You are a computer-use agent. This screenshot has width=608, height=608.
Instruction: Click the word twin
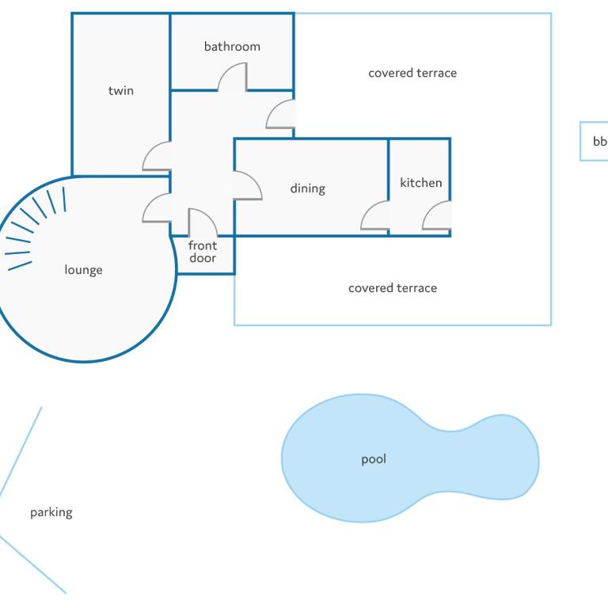[121, 91]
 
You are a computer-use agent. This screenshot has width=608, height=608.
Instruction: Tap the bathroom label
[232, 47]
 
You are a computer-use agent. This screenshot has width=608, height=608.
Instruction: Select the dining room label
[308, 188]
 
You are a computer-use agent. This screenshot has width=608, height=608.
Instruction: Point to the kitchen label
[420, 183]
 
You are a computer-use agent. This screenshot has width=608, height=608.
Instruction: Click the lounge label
[83, 270]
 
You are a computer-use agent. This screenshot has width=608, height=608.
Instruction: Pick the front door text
[203, 252]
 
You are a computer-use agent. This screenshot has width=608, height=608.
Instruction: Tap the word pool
[374, 459]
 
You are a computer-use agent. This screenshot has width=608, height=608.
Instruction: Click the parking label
[51, 513]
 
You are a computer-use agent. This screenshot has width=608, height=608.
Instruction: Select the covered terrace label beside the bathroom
[412, 73]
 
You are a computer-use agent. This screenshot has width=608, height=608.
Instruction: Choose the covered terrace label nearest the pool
[393, 288]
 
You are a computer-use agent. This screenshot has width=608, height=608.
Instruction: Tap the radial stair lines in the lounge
[36, 228]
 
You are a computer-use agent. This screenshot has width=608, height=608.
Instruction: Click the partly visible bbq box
[594, 141]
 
